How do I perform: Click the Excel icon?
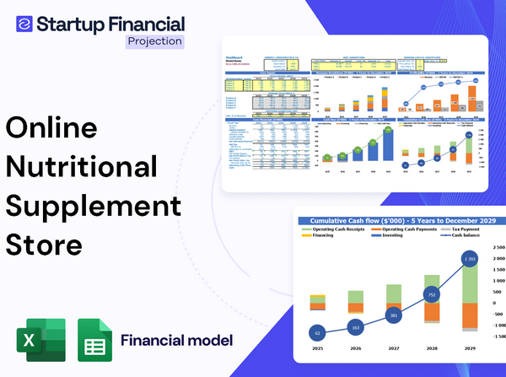(x=40, y=341)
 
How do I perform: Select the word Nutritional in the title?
(x=82, y=166)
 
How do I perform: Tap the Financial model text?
(x=176, y=341)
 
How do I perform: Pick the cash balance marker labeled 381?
(x=392, y=315)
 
